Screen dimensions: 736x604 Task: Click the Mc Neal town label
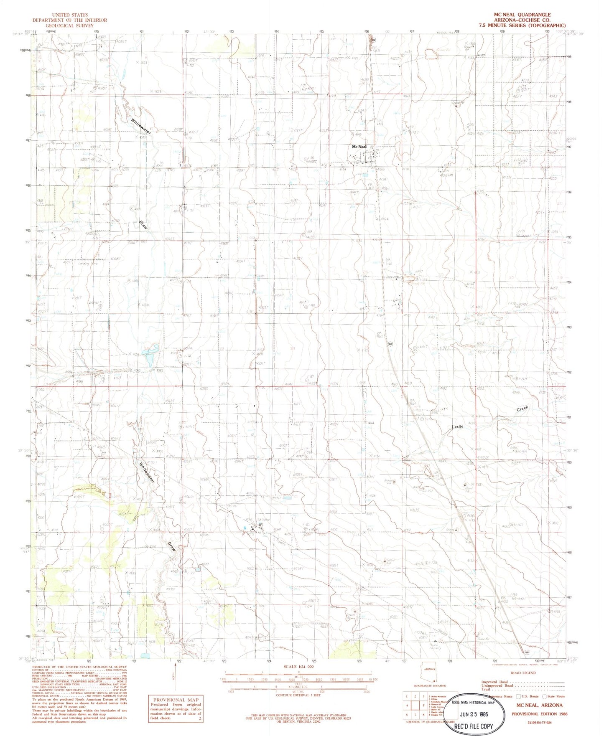click(359, 147)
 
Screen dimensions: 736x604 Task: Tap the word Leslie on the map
click(458, 426)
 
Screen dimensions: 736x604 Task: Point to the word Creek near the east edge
click(522, 409)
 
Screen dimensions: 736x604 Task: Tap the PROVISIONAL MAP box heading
click(176, 700)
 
